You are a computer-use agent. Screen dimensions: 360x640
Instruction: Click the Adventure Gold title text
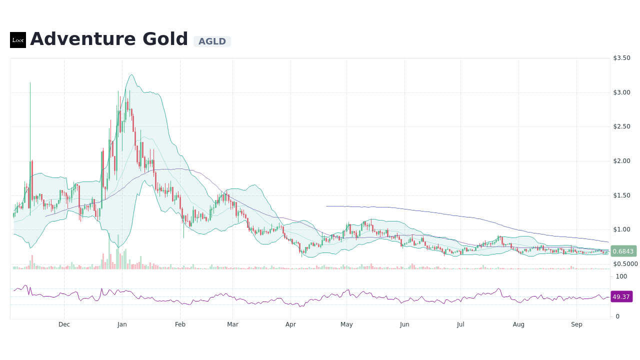(x=109, y=39)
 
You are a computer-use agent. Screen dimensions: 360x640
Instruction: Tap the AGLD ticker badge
(x=212, y=41)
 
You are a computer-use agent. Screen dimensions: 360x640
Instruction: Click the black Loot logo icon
(x=18, y=40)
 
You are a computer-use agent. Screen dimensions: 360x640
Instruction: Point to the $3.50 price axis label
(x=621, y=58)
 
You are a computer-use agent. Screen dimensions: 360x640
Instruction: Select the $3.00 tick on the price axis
(x=621, y=92)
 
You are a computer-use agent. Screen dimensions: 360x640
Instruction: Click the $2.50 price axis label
(x=621, y=126)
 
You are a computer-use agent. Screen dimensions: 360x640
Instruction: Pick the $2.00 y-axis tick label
(x=621, y=161)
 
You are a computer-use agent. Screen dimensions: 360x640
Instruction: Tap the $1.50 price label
(x=621, y=195)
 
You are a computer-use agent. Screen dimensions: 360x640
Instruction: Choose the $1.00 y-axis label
(x=621, y=229)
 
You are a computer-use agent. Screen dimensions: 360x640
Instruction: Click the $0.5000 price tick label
(x=625, y=264)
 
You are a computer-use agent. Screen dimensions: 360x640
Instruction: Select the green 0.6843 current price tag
(x=623, y=251)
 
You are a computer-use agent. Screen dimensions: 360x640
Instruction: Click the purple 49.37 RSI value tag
(x=621, y=296)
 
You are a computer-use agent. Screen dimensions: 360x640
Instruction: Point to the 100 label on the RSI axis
(x=621, y=276)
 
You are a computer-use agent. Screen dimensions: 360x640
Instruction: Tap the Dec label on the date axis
(x=64, y=324)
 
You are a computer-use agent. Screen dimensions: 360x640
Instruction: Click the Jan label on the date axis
(x=122, y=324)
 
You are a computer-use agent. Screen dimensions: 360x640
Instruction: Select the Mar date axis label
(x=232, y=324)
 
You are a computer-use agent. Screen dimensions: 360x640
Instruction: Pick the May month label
(x=346, y=324)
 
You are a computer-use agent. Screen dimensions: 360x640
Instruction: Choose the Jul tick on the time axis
(x=460, y=324)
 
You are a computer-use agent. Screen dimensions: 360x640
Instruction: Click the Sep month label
(x=576, y=324)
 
